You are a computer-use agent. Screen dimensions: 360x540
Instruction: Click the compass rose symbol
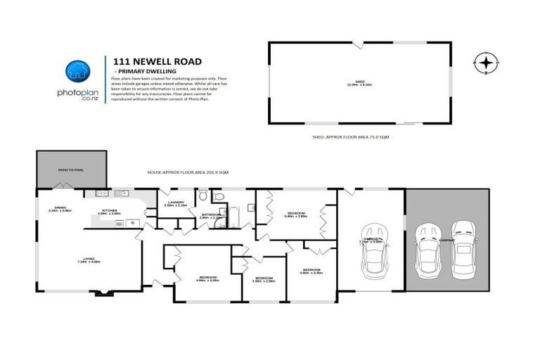tap(484, 63)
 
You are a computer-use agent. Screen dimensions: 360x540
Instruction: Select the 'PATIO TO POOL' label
tap(70, 169)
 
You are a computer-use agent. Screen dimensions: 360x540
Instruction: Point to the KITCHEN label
tap(109, 211)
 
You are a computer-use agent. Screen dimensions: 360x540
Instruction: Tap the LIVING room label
tap(89, 261)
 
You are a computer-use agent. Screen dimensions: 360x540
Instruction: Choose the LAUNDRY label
tap(175, 204)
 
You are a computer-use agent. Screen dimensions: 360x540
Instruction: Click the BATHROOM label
tap(211, 216)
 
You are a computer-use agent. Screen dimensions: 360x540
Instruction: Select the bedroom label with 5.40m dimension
tap(295, 214)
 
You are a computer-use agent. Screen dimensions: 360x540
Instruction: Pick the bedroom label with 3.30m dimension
tap(264, 279)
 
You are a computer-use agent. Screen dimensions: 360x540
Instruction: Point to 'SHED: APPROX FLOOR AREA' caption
tap(350, 138)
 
